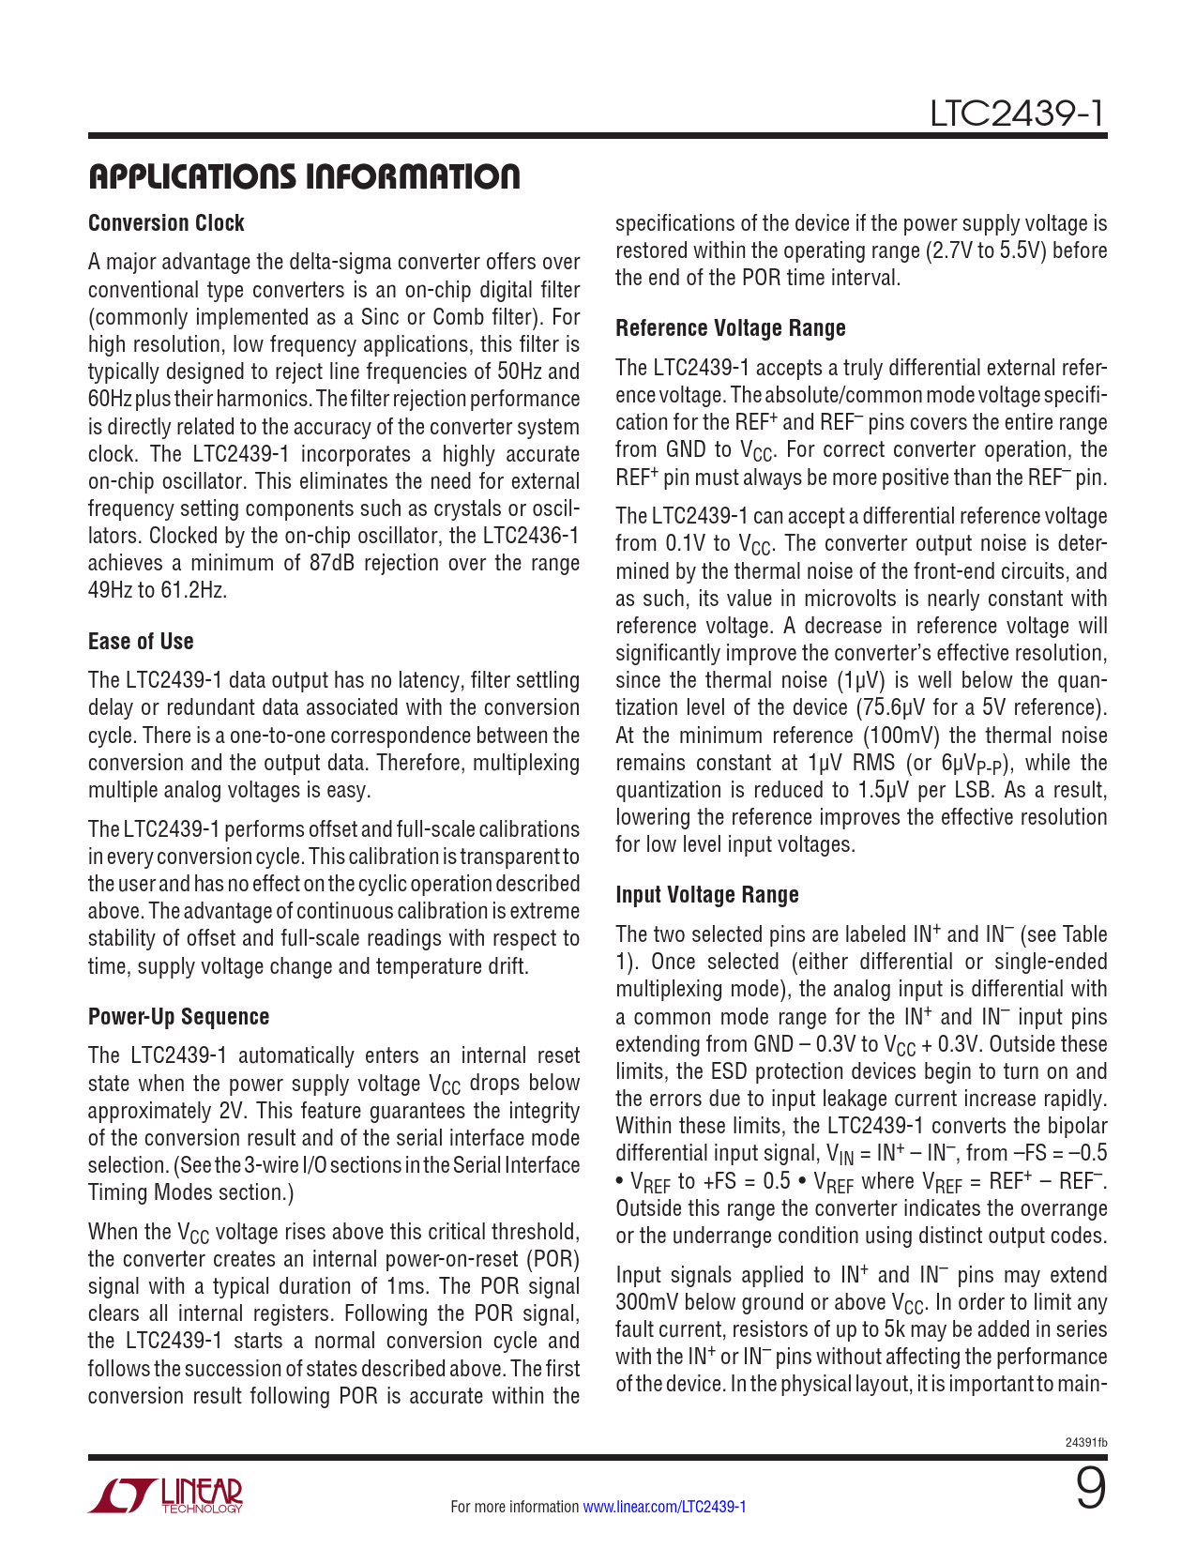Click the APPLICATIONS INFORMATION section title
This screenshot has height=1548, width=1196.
tap(304, 176)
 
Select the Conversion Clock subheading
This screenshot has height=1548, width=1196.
tap(166, 223)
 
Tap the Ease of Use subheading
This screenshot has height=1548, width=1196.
tap(141, 642)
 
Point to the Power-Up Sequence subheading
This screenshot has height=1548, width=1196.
tap(178, 1017)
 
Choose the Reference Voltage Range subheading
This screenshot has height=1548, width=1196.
tap(730, 328)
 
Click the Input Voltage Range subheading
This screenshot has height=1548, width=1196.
tap(706, 895)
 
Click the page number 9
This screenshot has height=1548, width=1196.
tap(1090, 1490)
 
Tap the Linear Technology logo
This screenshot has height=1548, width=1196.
tap(165, 1495)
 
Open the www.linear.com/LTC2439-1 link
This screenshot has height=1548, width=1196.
tap(664, 1507)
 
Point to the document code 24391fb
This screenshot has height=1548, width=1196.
tap(1086, 1442)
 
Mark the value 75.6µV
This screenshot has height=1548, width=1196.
tap(890, 707)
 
